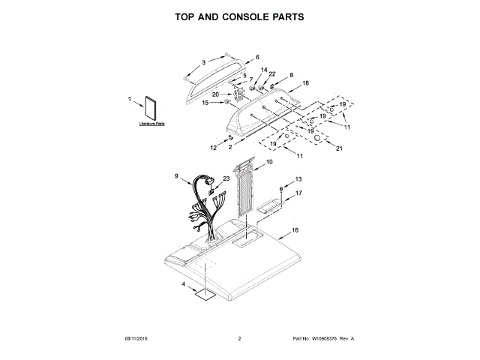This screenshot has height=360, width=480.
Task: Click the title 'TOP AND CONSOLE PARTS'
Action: click(x=240, y=16)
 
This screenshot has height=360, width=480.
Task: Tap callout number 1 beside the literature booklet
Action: click(x=130, y=98)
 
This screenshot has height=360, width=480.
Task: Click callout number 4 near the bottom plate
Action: click(x=182, y=284)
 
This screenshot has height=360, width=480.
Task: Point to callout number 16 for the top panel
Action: click(x=295, y=229)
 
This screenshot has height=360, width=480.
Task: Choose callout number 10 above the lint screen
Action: click(x=270, y=161)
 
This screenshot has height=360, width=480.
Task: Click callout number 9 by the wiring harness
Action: click(x=176, y=176)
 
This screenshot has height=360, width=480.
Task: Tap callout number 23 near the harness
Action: click(x=226, y=178)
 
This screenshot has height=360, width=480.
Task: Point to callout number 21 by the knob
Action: click(x=339, y=148)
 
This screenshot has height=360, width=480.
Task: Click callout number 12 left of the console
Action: click(x=213, y=148)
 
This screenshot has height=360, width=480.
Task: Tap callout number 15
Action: click(x=205, y=103)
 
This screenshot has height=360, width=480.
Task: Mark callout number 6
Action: click(x=257, y=57)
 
